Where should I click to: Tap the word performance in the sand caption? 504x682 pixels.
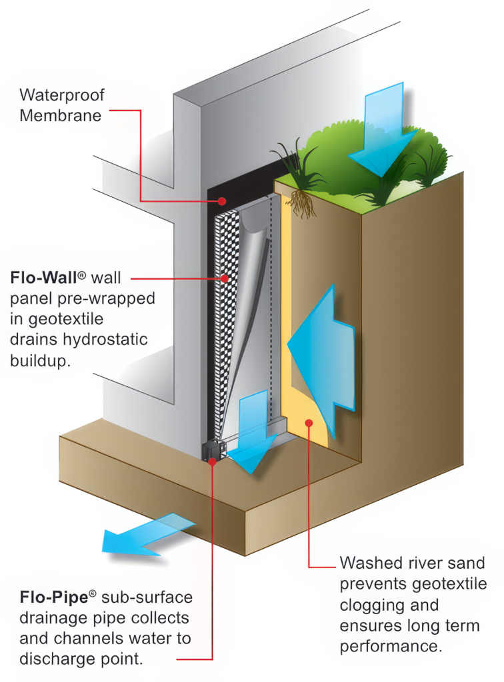tap(392, 647)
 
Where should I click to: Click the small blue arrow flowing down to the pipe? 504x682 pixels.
tap(251, 433)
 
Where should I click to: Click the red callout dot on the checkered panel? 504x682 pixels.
tap(225, 278)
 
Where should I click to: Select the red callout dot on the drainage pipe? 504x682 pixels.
tap(212, 460)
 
